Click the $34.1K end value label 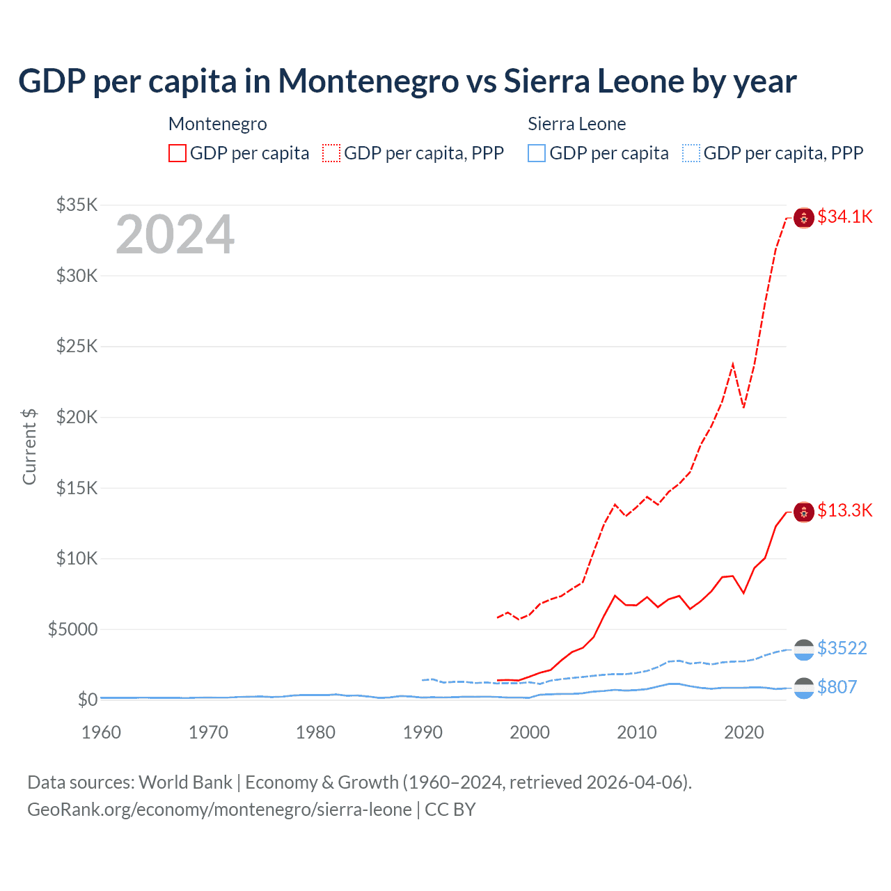844,216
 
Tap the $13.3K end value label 844,510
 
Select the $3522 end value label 842,648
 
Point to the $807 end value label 837,687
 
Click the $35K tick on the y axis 77,205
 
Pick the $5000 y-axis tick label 72,629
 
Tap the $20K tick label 77,417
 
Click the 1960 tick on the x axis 101,732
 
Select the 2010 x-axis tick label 637,732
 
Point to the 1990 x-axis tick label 423,732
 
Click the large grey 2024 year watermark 175,235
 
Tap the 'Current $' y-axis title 29,446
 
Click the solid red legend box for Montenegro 178,153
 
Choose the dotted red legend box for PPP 331,153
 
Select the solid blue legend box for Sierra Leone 537,153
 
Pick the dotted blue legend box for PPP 691,153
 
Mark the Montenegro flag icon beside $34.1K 804,218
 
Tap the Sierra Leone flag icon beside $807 804,688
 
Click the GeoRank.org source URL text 219,810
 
